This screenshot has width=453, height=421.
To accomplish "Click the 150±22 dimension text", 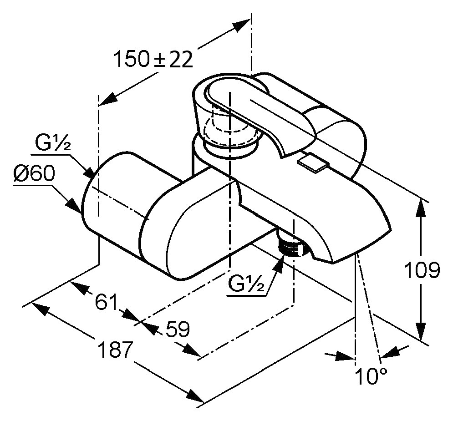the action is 153,59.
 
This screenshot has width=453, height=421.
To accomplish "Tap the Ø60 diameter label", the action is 34,173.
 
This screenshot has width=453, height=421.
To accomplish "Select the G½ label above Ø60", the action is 52,142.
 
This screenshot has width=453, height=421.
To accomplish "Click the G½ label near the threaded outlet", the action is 246,284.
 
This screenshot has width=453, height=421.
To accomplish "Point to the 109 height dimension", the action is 422,270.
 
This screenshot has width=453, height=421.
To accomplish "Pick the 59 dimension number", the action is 178,329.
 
